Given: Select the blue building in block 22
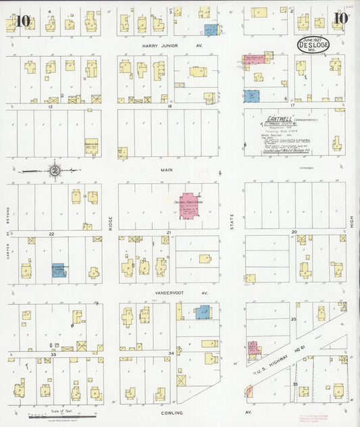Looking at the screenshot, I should pyautogui.click(x=58, y=270).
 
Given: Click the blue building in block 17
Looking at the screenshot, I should pyautogui.click(x=251, y=96).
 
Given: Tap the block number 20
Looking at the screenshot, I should pyautogui.click(x=294, y=232).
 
